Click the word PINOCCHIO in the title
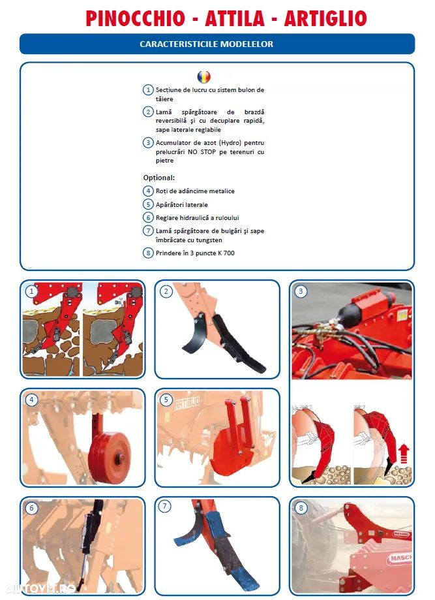click(135, 18)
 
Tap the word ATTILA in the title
click(235, 18)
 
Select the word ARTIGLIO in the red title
click(325, 18)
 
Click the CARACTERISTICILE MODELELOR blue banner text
click(207, 44)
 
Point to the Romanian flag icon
click(203, 77)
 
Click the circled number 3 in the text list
click(148, 143)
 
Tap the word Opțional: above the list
click(159, 178)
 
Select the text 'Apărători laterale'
click(181, 205)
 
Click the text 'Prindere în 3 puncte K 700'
click(195, 253)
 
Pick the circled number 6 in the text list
click(148, 217)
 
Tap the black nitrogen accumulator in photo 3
click(350, 312)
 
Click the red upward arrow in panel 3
click(404, 454)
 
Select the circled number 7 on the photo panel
click(165, 506)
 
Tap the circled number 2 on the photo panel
click(166, 292)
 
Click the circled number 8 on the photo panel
click(301, 508)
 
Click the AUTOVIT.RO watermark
click(40, 588)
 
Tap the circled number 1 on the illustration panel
click(31, 292)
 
